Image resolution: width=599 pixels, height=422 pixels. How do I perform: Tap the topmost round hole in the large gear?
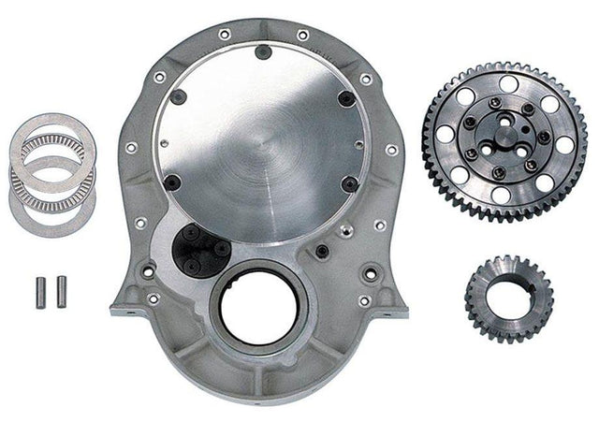click(x=507, y=83)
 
